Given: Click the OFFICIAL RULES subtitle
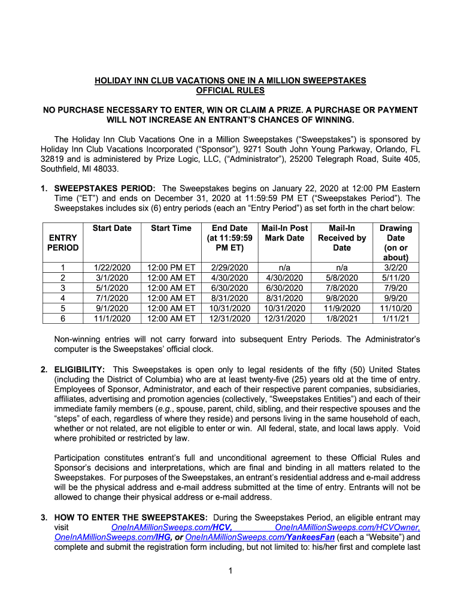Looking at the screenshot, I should tap(230, 91).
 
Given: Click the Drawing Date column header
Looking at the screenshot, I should tap(396, 243).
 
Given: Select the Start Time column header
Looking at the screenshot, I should tap(171, 228).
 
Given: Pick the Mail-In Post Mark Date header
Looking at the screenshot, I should tap(284, 233).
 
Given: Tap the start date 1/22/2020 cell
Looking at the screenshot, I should tap(112, 267).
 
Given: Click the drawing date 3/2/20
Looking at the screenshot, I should tap(396, 267).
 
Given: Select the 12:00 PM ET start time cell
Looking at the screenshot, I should tap(171, 267).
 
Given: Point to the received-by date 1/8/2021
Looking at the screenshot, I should tap(342, 318).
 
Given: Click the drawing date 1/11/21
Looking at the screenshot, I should tap(396, 318).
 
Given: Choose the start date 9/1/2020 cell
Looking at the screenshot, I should tap(112, 308).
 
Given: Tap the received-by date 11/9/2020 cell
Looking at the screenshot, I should tap(342, 308).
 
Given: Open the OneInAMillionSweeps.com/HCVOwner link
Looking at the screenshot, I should tap(347, 527).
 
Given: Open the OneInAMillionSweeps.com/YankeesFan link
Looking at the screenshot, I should tap(260, 537).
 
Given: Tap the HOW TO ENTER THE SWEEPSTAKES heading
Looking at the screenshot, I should tap(131, 517).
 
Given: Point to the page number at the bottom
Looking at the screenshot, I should tap(230, 570).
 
